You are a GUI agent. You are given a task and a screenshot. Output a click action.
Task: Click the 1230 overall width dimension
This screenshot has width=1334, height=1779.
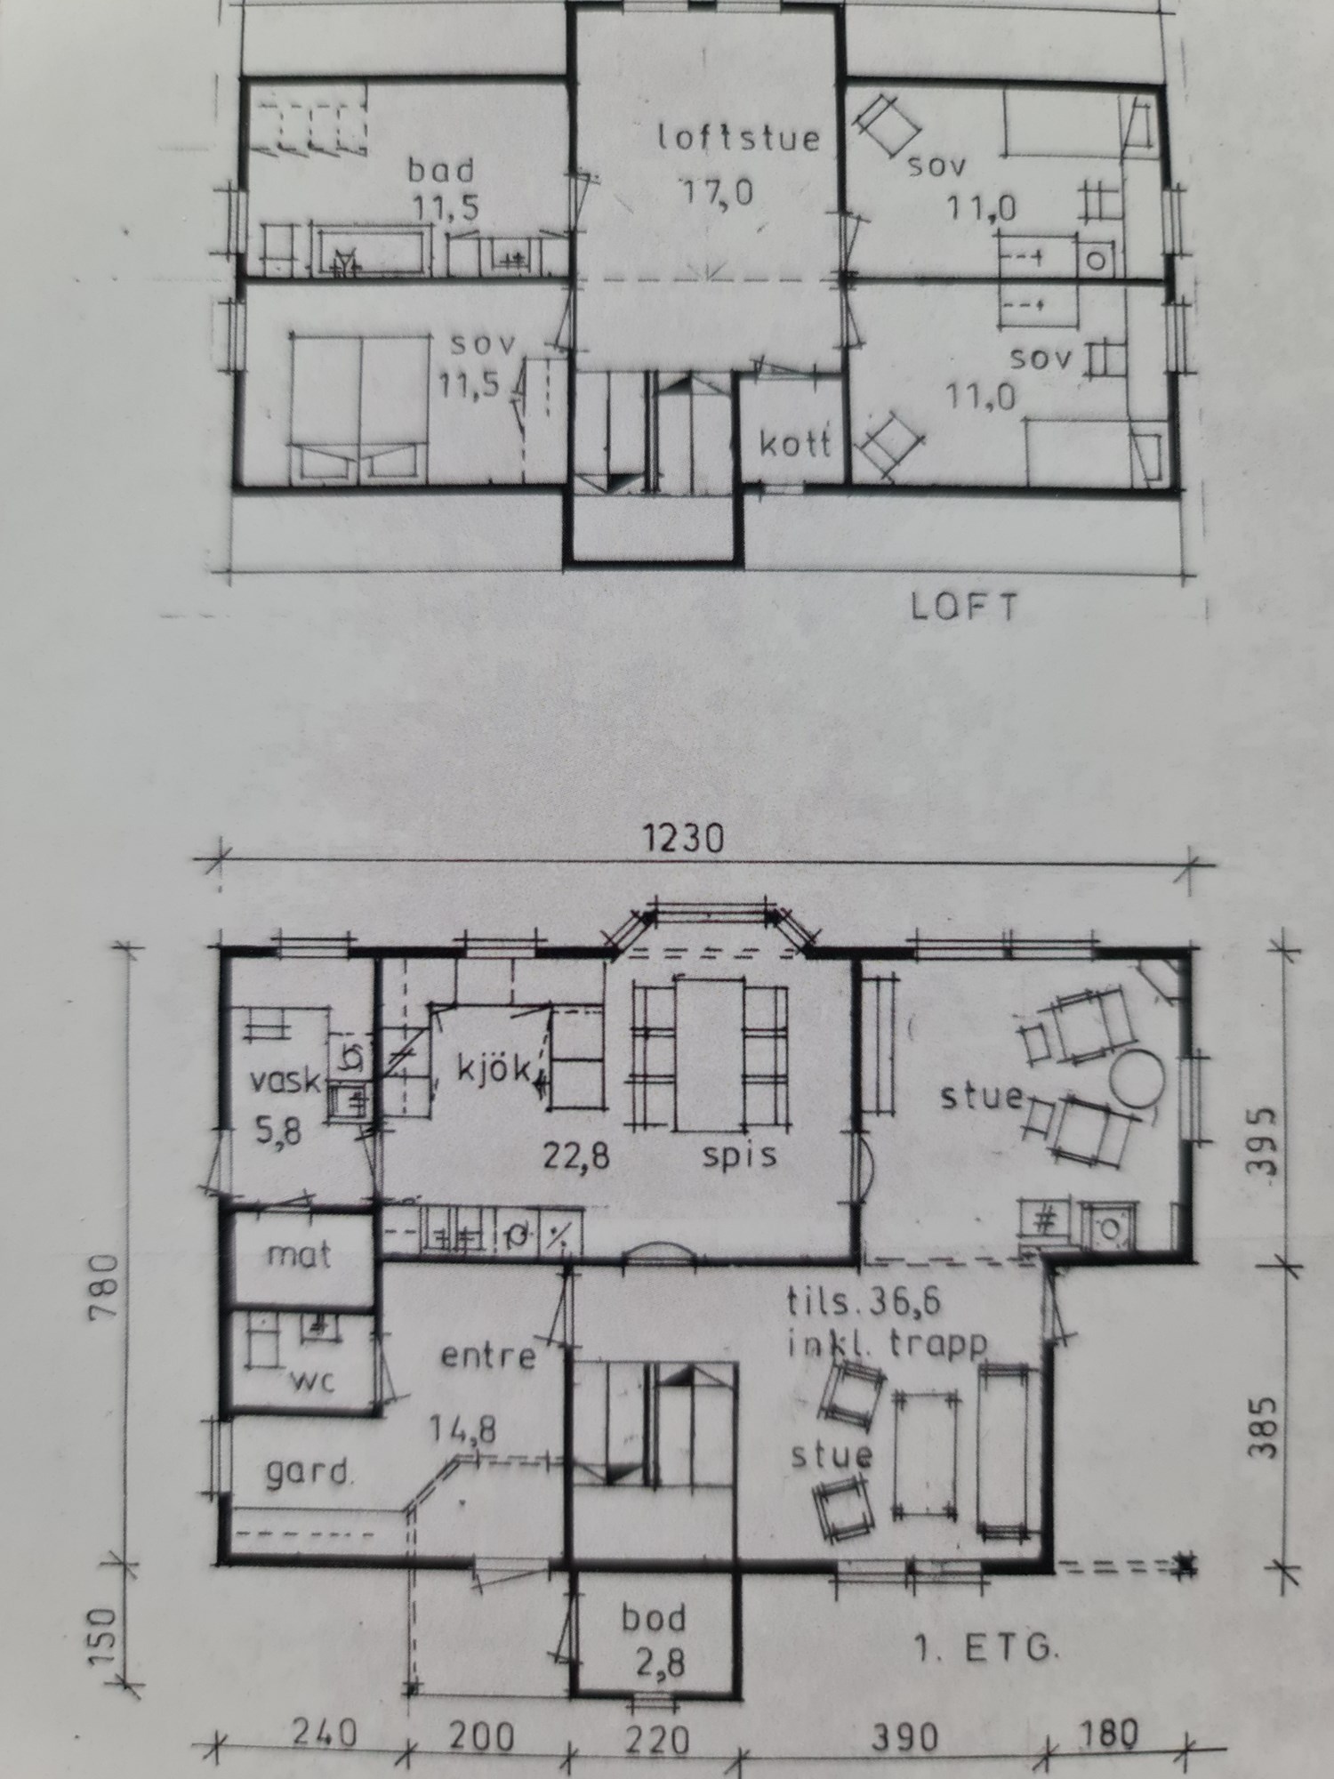pyautogui.click(x=684, y=840)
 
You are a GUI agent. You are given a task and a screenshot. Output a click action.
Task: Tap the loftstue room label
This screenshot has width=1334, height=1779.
pyautogui.click(x=738, y=139)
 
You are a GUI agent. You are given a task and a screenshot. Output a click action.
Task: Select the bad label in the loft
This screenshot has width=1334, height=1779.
pyautogui.click(x=441, y=170)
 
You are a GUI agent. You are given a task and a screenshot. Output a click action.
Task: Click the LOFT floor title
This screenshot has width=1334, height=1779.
pyautogui.click(x=964, y=608)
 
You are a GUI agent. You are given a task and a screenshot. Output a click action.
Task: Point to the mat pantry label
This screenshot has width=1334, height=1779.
pyautogui.click(x=300, y=1255)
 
